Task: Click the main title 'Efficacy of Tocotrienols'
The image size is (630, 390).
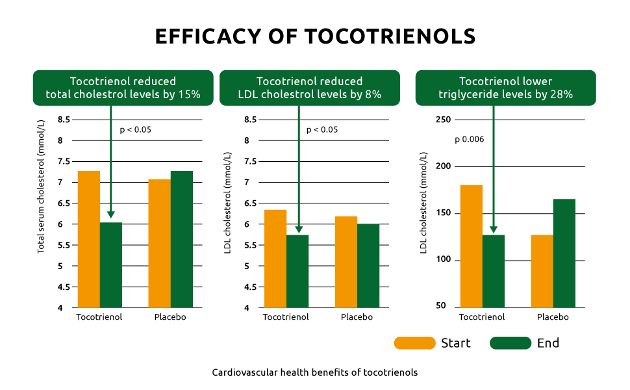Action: [315, 36]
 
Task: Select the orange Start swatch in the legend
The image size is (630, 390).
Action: [414, 343]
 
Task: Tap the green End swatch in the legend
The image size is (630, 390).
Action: [510, 343]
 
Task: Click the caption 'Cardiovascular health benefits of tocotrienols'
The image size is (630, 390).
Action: [314, 372]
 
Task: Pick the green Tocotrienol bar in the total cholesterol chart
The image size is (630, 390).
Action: [111, 265]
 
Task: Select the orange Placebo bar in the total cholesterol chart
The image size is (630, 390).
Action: [160, 243]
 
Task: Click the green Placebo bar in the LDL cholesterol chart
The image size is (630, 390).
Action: [368, 265]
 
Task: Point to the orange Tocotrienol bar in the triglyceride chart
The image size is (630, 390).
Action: [472, 246]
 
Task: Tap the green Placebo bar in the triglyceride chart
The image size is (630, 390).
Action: [564, 253]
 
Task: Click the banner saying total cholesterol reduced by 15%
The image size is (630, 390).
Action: [123, 88]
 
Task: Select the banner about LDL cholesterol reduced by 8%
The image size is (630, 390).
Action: [310, 88]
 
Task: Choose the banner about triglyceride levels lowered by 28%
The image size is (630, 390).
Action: [505, 88]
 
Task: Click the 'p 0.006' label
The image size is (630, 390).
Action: [469, 139]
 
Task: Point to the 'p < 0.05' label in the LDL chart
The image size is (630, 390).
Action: [322, 129]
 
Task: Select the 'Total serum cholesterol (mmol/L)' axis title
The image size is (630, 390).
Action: [41, 187]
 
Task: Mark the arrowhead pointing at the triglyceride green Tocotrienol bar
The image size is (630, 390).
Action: [494, 229]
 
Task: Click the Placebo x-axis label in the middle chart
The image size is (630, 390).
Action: [357, 317]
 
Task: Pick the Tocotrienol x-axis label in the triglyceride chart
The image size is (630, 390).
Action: [482, 317]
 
